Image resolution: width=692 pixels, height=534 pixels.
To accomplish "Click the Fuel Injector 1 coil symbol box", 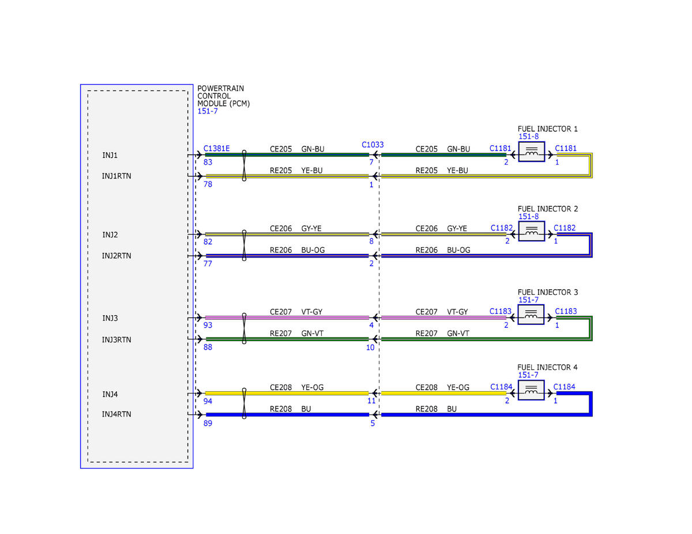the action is pos(531,152).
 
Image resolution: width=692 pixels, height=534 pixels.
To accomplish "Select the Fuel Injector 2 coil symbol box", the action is pos(531,231).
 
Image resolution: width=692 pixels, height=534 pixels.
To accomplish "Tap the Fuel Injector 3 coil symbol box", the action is pos(531,314).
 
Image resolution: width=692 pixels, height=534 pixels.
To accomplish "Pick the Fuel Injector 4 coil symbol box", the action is pos(531,390).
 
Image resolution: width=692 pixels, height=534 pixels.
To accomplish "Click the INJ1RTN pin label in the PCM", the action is pos(116,176).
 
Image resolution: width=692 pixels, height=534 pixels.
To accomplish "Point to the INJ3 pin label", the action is pos(110,318).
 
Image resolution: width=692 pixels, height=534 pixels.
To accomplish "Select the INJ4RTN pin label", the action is pos(116,414).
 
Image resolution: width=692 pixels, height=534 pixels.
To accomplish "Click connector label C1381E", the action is pos(216,148).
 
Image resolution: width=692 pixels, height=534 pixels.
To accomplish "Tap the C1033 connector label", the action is pos(373,145).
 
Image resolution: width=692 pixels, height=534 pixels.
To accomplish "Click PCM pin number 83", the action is pos(208,162).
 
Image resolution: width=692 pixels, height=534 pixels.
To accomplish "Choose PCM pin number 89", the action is pos(208,423).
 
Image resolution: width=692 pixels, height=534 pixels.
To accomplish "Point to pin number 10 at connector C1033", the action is pos(370,347).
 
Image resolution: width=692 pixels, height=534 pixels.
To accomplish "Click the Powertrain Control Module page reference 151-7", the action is pos(208,111).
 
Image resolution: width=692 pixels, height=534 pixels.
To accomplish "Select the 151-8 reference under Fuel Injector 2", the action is pos(528,217).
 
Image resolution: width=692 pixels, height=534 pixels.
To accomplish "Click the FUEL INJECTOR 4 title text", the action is pos(547,368).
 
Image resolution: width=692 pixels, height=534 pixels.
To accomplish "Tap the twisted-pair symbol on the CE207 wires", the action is pos(244,328).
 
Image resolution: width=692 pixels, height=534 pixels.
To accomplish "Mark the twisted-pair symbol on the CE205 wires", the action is pos(244,165).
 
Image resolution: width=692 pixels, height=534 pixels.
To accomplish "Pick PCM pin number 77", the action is pos(208,263).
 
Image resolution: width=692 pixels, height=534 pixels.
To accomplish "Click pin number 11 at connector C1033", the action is pos(371,401).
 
